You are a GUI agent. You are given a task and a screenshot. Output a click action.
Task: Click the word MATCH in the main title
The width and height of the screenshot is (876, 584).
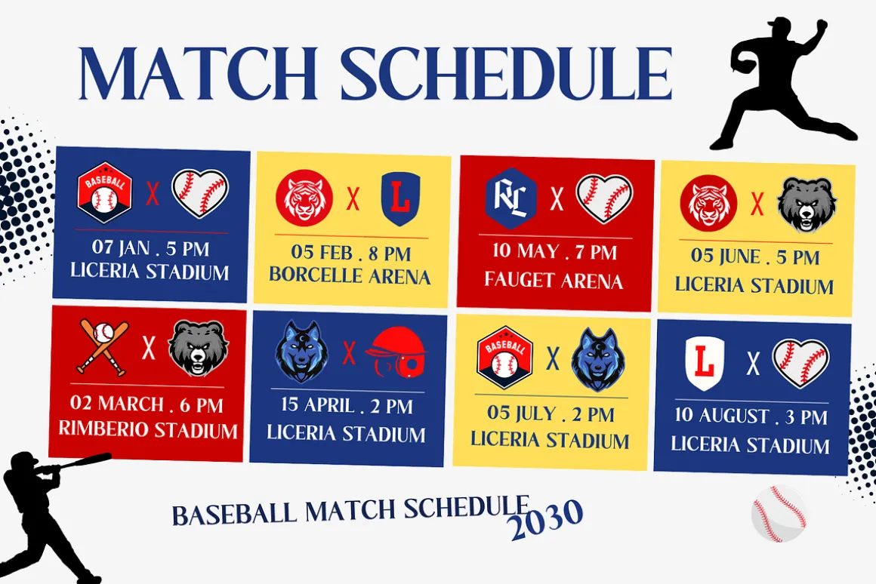(199, 73)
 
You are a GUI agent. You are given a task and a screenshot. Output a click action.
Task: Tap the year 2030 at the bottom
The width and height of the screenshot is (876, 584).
(546, 519)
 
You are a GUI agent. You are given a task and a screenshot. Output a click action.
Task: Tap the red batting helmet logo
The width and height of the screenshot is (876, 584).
(396, 353)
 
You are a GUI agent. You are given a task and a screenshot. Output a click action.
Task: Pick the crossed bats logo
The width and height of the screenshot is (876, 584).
(103, 347)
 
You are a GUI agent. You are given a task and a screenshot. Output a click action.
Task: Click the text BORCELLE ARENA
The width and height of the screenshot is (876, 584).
(350, 276)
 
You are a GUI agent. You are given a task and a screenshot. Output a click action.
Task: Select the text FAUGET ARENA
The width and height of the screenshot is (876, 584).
(553, 280)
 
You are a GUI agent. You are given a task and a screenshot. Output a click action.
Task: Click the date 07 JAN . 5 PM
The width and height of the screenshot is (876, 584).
(150, 247)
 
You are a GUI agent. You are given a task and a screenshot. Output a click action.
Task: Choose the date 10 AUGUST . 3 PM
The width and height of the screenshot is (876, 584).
(751, 416)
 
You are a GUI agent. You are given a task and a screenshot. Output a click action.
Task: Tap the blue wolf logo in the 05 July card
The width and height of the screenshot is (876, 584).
(597, 359)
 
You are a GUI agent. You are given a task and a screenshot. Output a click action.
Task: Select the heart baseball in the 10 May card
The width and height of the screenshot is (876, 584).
(604, 198)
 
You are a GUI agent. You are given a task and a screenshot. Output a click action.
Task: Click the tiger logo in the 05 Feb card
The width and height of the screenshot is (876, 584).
(304, 198)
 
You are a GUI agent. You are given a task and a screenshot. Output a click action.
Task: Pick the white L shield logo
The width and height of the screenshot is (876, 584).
(705, 364)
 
